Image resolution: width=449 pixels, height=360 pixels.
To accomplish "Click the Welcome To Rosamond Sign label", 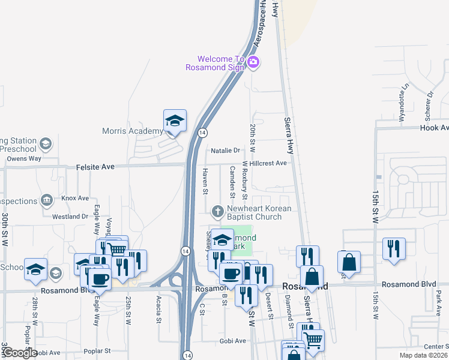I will point(221,63).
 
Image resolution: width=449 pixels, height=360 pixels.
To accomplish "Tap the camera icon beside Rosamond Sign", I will point(253,62).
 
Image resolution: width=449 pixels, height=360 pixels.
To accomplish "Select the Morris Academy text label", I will point(132,131).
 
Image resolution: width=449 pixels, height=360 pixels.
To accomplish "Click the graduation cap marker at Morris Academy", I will point(175,121).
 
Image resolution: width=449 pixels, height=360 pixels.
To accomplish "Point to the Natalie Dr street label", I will point(225,151).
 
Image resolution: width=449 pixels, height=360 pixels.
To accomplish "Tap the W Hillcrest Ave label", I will point(264,163).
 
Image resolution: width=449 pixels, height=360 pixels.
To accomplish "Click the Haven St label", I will point(205,181).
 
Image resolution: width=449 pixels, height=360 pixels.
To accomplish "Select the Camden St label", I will point(232,182).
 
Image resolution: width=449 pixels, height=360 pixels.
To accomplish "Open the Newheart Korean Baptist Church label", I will point(258,212).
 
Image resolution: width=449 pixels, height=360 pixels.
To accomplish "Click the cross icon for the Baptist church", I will point(218,211).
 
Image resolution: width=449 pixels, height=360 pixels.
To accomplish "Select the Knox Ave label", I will point(75,198).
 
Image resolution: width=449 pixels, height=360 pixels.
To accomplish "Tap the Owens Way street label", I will point(24,159).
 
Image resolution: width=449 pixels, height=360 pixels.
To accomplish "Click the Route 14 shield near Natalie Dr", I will point(202,133).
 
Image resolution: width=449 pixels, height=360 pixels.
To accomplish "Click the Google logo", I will point(19,353).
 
